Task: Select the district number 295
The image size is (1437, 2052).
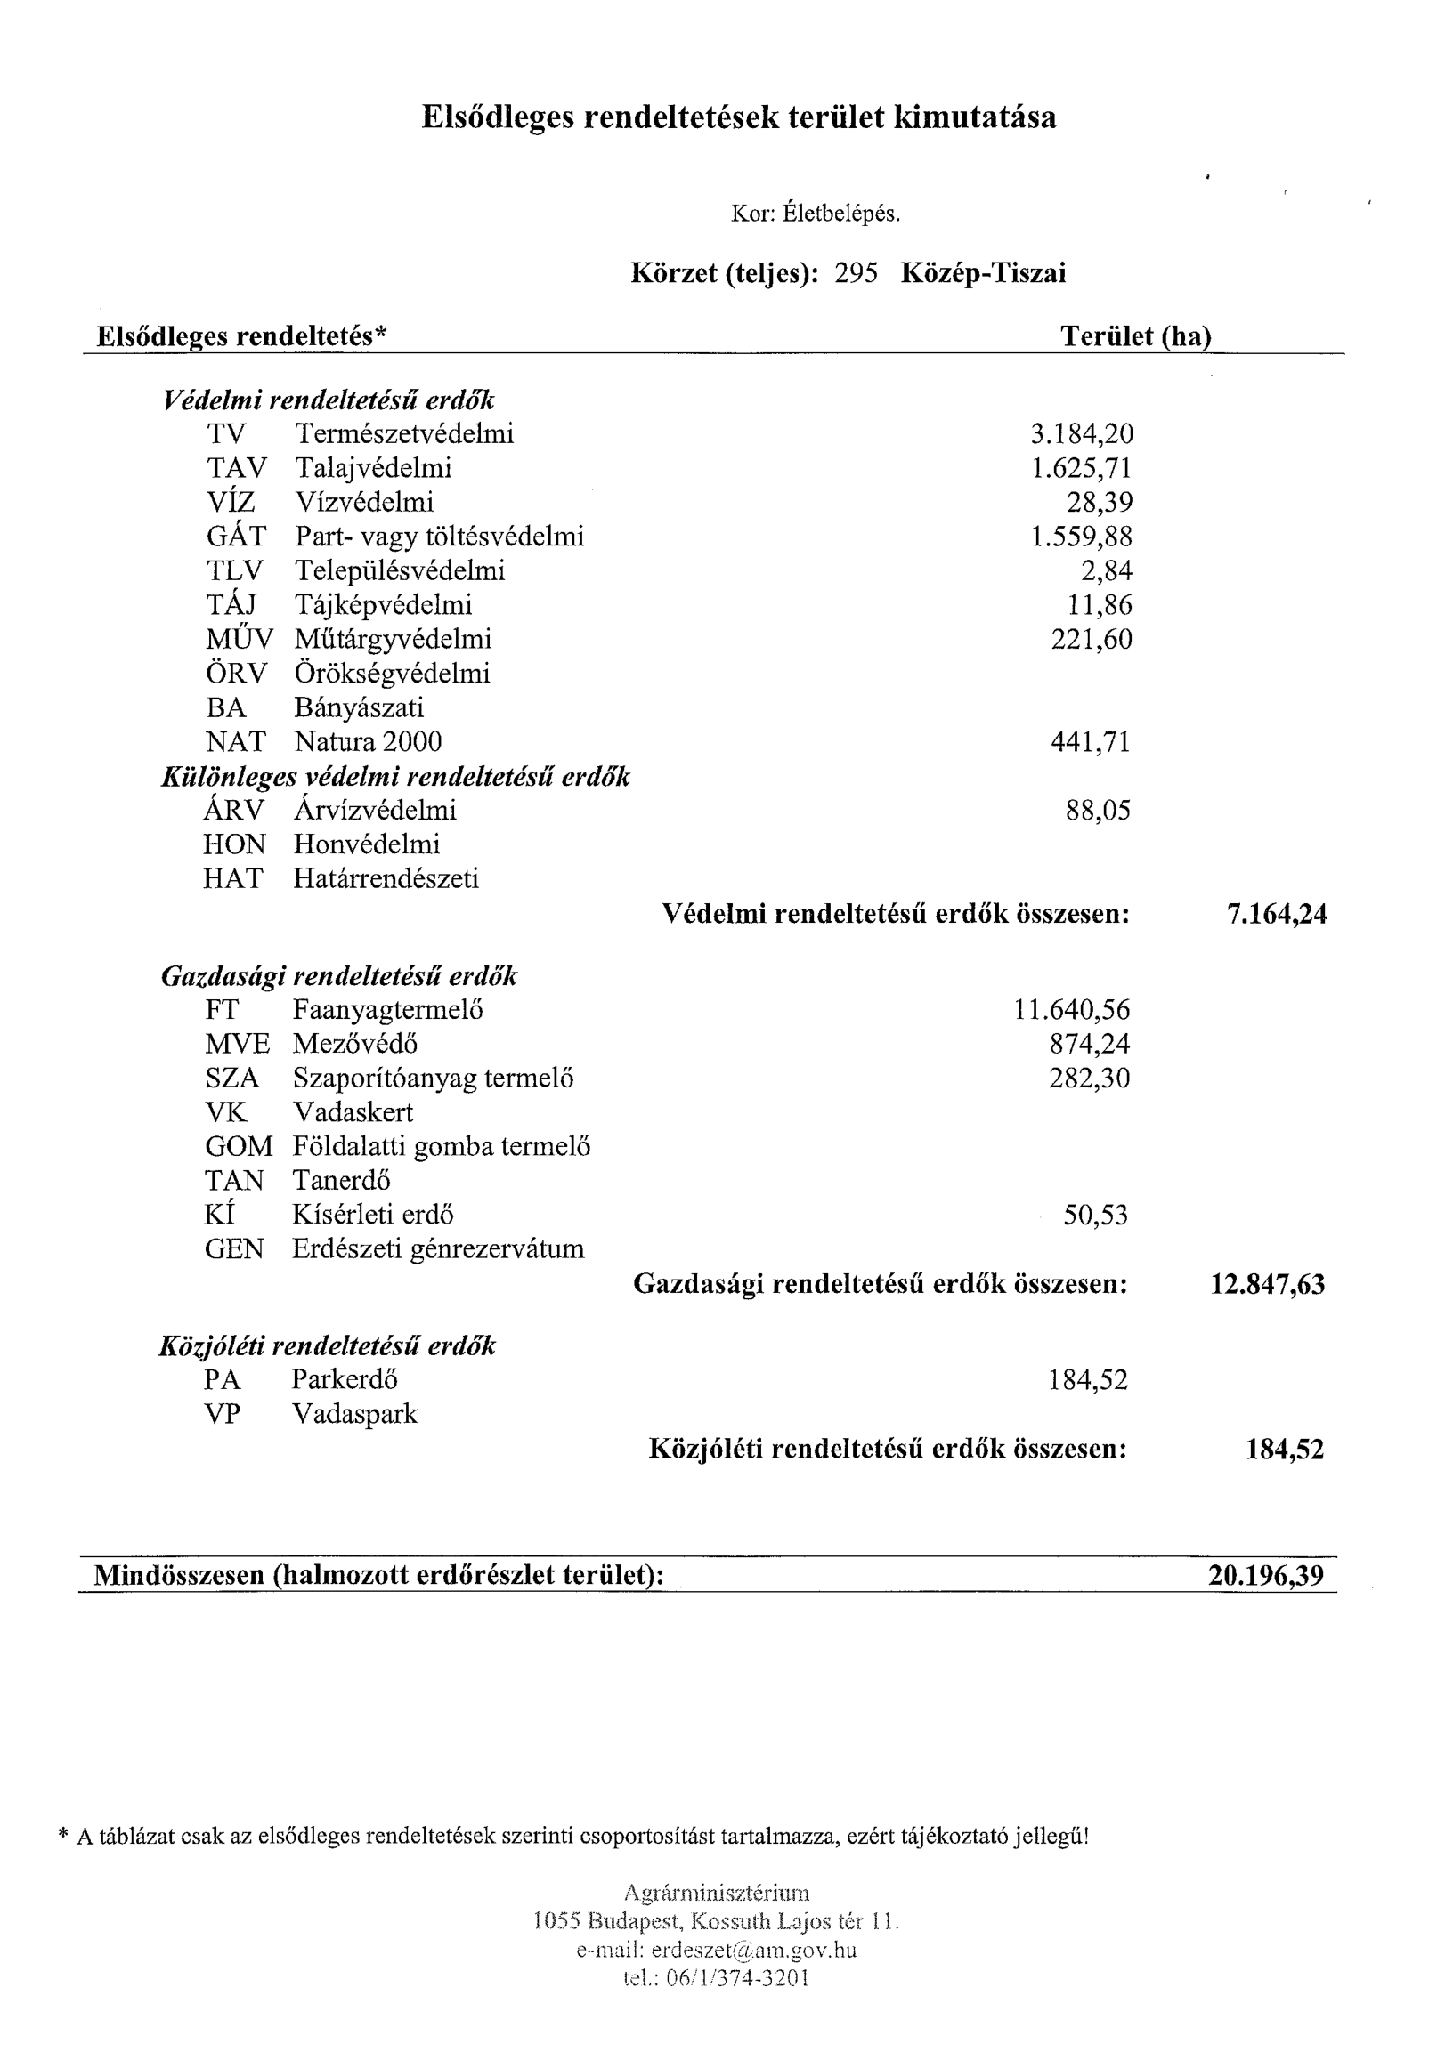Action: [x=856, y=272]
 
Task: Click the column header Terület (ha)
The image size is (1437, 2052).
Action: [x=1135, y=336]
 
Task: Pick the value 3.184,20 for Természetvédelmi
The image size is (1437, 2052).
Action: [x=1081, y=434]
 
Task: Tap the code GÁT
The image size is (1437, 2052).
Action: [x=236, y=537]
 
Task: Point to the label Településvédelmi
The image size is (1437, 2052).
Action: [x=400, y=570]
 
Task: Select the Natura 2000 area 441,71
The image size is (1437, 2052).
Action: [x=1090, y=742]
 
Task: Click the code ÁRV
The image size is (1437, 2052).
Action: [x=234, y=811]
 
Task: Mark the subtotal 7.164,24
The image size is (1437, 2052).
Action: [x=1277, y=913]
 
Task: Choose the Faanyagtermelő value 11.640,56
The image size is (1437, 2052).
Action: [x=1071, y=1010]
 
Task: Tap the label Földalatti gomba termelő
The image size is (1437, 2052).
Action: [x=442, y=1147]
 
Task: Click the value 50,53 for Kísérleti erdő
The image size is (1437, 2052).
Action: [x=1095, y=1216]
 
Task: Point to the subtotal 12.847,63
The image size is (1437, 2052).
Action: [x=1267, y=1284]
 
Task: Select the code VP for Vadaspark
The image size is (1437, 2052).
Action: [x=222, y=1414]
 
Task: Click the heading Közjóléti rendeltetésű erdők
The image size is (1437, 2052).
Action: [x=327, y=1346]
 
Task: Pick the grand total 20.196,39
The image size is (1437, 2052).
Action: [x=1265, y=1576]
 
